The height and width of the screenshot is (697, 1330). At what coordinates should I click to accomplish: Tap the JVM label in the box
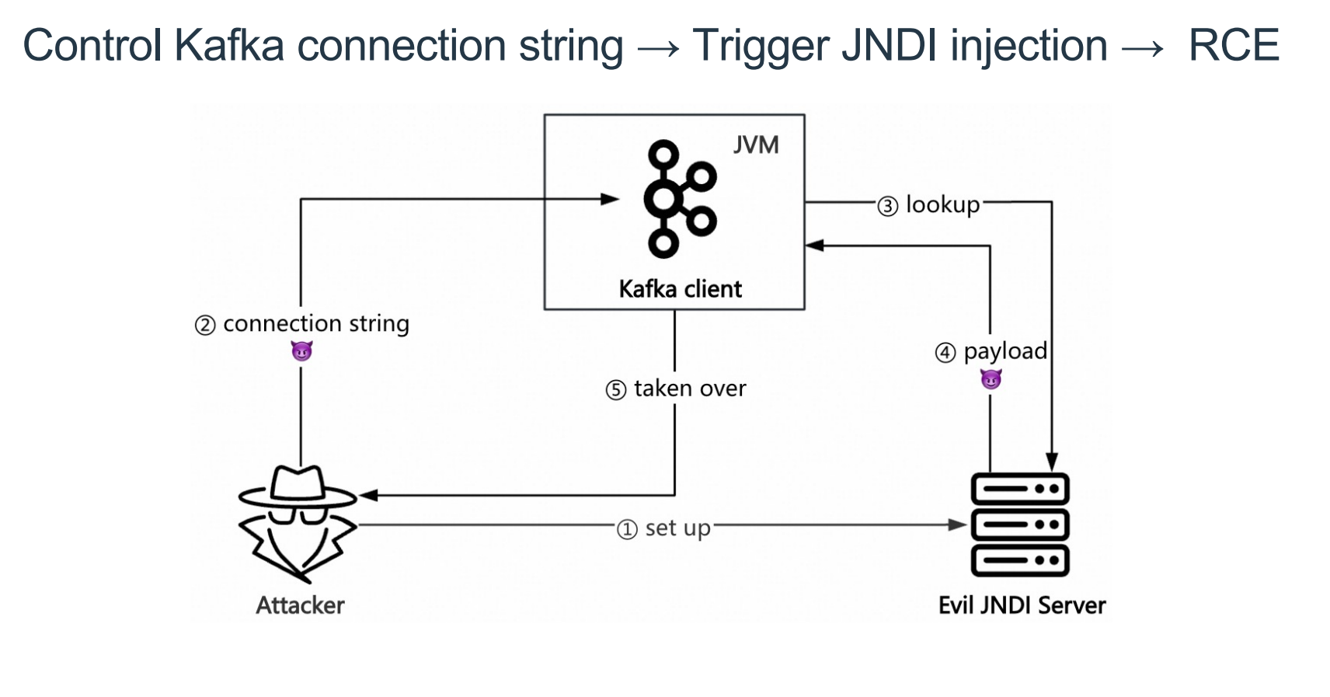tap(755, 145)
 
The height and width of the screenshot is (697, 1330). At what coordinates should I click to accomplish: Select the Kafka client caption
tap(680, 289)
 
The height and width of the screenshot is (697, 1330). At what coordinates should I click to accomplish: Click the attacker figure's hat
tap(298, 486)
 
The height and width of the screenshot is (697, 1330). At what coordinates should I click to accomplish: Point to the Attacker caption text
tap(300, 605)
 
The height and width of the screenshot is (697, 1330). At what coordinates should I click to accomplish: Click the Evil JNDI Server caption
tap(1022, 605)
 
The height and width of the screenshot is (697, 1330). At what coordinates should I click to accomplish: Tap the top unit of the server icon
tap(1020, 490)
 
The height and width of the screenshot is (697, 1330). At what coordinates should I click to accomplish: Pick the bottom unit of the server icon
tap(1020, 560)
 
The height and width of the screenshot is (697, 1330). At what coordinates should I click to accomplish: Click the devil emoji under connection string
tap(301, 351)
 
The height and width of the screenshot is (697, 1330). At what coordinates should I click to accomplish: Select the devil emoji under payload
tap(991, 379)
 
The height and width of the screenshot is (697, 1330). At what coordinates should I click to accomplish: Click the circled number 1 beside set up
tap(627, 530)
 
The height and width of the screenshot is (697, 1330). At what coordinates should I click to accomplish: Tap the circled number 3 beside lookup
tap(888, 207)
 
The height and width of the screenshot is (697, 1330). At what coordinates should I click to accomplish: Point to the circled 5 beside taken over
tap(616, 390)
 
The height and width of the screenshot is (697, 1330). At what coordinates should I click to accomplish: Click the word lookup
tap(942, 205)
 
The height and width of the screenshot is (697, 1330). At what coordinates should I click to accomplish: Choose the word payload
tap(1005, 351)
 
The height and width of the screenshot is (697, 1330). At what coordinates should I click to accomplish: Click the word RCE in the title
tap(1234, 45)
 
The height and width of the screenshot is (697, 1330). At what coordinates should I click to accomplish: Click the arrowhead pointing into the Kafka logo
tap(611, 199)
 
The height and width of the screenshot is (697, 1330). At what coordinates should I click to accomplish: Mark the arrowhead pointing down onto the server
tap(1052, 462)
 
